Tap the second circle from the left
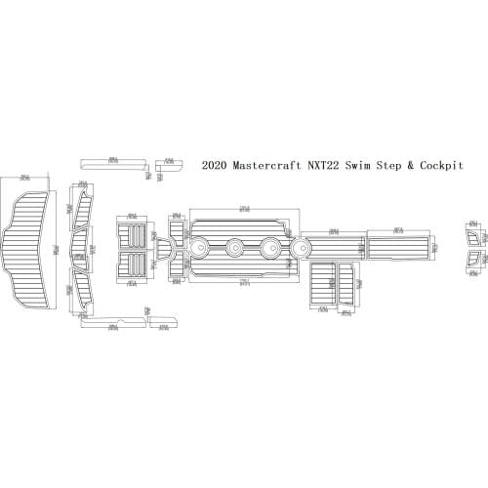tap(236, 248)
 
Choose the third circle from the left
tap(270, 248)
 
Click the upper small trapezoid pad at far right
tap(473, 238)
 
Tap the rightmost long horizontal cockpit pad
tap(397, 244)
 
